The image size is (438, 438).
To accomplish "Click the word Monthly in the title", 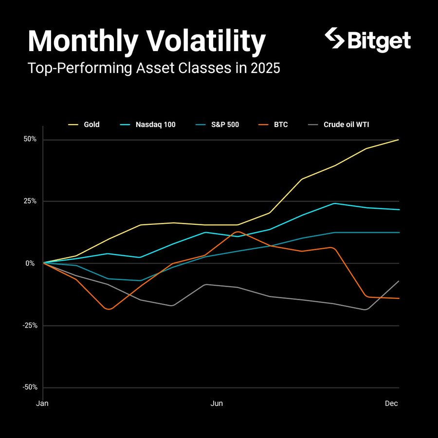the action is tap(83, 42).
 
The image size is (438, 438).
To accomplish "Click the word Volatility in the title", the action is tap(206, 42).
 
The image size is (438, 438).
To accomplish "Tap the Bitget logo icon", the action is tap(335, 38).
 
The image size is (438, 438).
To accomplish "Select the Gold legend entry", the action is tap(84, 125).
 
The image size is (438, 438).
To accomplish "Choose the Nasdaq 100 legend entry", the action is tap(147, 125).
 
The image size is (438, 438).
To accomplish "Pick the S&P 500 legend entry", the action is tap(218, 125).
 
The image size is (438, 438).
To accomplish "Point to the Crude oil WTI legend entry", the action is tap(339, 125).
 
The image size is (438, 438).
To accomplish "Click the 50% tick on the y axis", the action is tap(30, 139).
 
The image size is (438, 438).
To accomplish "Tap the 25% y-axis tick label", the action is tap(30, 201).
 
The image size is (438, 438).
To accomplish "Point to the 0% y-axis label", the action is tap(30, 263).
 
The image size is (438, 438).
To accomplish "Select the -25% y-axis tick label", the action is tap(30, 326).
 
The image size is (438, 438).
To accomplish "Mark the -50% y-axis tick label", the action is tap(30, 387).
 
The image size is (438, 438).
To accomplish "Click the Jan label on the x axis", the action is tap(42, 403).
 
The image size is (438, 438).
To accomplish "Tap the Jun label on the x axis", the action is tap(217, 403).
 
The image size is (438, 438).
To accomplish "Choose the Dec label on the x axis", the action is tap(391, 403).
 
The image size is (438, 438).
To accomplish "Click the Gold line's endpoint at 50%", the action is tap(398, 139).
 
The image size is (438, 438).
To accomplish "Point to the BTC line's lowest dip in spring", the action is tap(109, 309).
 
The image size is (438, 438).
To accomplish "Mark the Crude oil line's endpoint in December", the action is tap(399, 281).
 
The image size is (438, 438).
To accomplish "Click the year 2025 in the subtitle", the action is tap(265, 68).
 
